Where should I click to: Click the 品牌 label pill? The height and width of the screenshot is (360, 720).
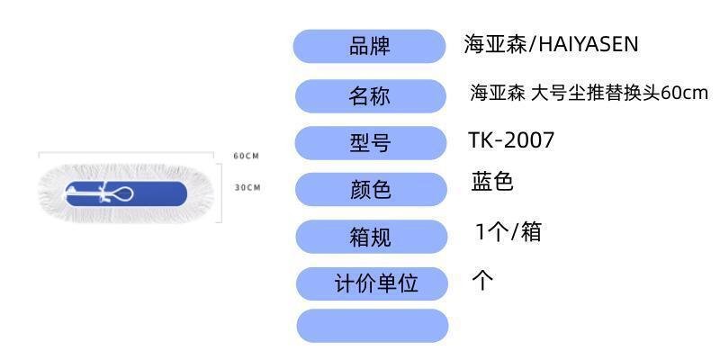click(370, 46)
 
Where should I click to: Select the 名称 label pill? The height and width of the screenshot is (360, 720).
click(370, 96)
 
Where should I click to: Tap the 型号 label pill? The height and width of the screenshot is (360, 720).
click(370, 142)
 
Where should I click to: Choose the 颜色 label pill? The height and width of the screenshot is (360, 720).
click(370, 189)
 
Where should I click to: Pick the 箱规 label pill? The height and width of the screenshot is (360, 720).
click(370, 237)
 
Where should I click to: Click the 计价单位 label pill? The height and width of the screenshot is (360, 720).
click(373, 283)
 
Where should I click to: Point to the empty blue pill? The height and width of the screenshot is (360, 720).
click(372, 326)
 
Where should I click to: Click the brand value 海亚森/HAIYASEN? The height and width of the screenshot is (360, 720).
click(551, 44)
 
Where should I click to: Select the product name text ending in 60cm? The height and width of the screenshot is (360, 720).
click(589, 93)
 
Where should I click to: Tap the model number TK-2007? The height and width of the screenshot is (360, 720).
click(511, 140)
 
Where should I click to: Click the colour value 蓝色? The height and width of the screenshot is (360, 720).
click(492, 183)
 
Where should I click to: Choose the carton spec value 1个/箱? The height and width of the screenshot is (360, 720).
click(508, 232)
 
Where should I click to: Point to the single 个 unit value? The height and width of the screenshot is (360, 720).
click(483, 280)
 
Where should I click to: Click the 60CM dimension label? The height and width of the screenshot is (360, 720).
click(246, 156)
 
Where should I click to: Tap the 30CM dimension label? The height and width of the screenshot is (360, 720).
click(247, 187)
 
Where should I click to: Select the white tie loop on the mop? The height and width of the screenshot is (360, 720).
click(121, 193)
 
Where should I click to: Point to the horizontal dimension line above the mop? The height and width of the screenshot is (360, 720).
click(126, 153)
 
